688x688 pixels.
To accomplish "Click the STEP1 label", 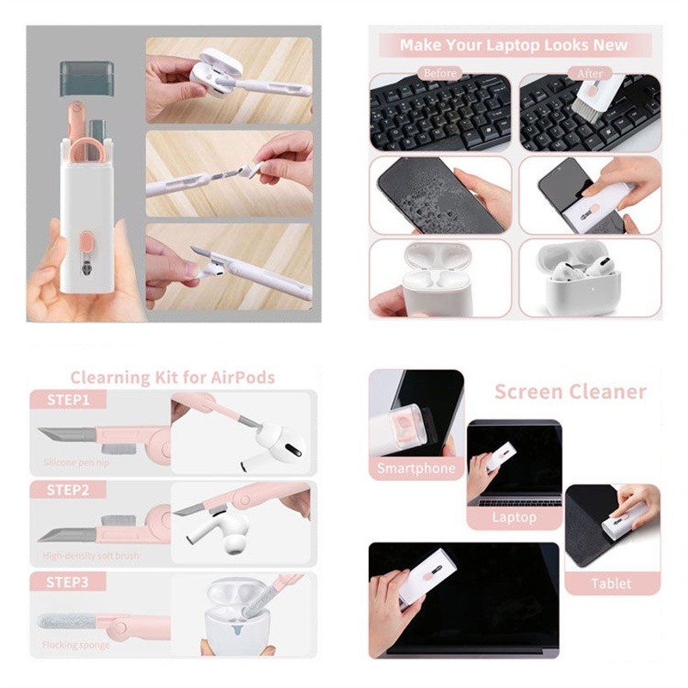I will [x=68, y=400].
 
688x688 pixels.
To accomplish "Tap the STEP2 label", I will [x=68, y=490].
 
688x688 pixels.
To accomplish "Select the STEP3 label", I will [x=68, y=582].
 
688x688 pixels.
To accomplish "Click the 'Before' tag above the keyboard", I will [x=439, y=73].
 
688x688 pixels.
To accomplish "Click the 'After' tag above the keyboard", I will [x=590, y=74].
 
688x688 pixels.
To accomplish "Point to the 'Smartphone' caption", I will [x=415, y=469].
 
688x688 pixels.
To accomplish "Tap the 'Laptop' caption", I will [x=513, y=517].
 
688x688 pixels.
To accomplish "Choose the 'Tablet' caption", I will [x=611, y=583].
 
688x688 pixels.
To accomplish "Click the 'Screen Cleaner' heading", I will [x=569, y=392].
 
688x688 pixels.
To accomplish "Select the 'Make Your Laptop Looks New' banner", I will [x=513, y=45].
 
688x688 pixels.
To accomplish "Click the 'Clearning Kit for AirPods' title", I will [x=172, y=377].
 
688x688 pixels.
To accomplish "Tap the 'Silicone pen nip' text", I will [x=78, y=463].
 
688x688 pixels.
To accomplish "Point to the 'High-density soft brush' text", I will [x=91, y=555].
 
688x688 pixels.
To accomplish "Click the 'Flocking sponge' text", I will [x=77, y=645].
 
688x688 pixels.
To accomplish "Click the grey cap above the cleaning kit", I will [x=86, y=77].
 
